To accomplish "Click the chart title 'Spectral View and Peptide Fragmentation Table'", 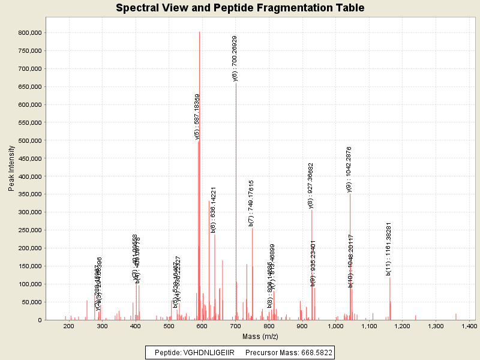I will point(240,8).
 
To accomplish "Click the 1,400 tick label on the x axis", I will point(468,326).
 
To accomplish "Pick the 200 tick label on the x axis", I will point(68,326).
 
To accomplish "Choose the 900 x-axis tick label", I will point(302,326).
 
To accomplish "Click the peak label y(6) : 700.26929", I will point(235,58).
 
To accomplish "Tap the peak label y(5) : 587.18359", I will point(197,116).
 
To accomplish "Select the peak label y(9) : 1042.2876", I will point(349,169).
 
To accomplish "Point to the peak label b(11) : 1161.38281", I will point(389,249).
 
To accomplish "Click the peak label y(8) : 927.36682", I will point(311,186).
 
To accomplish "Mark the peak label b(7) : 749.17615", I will point(251,203).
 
